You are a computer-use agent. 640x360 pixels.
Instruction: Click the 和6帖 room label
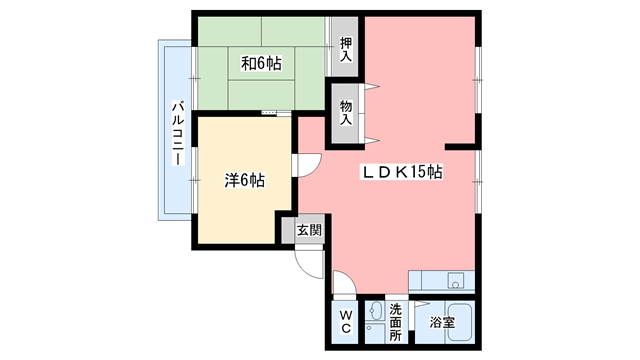pos(261,64)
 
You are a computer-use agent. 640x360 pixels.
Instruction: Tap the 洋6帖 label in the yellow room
pos(245,181)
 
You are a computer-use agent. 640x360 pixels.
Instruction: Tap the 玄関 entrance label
pos(309,230)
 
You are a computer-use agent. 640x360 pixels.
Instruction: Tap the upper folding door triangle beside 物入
pos(372,88)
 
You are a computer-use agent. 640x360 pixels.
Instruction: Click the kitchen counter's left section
pos(424,281)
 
